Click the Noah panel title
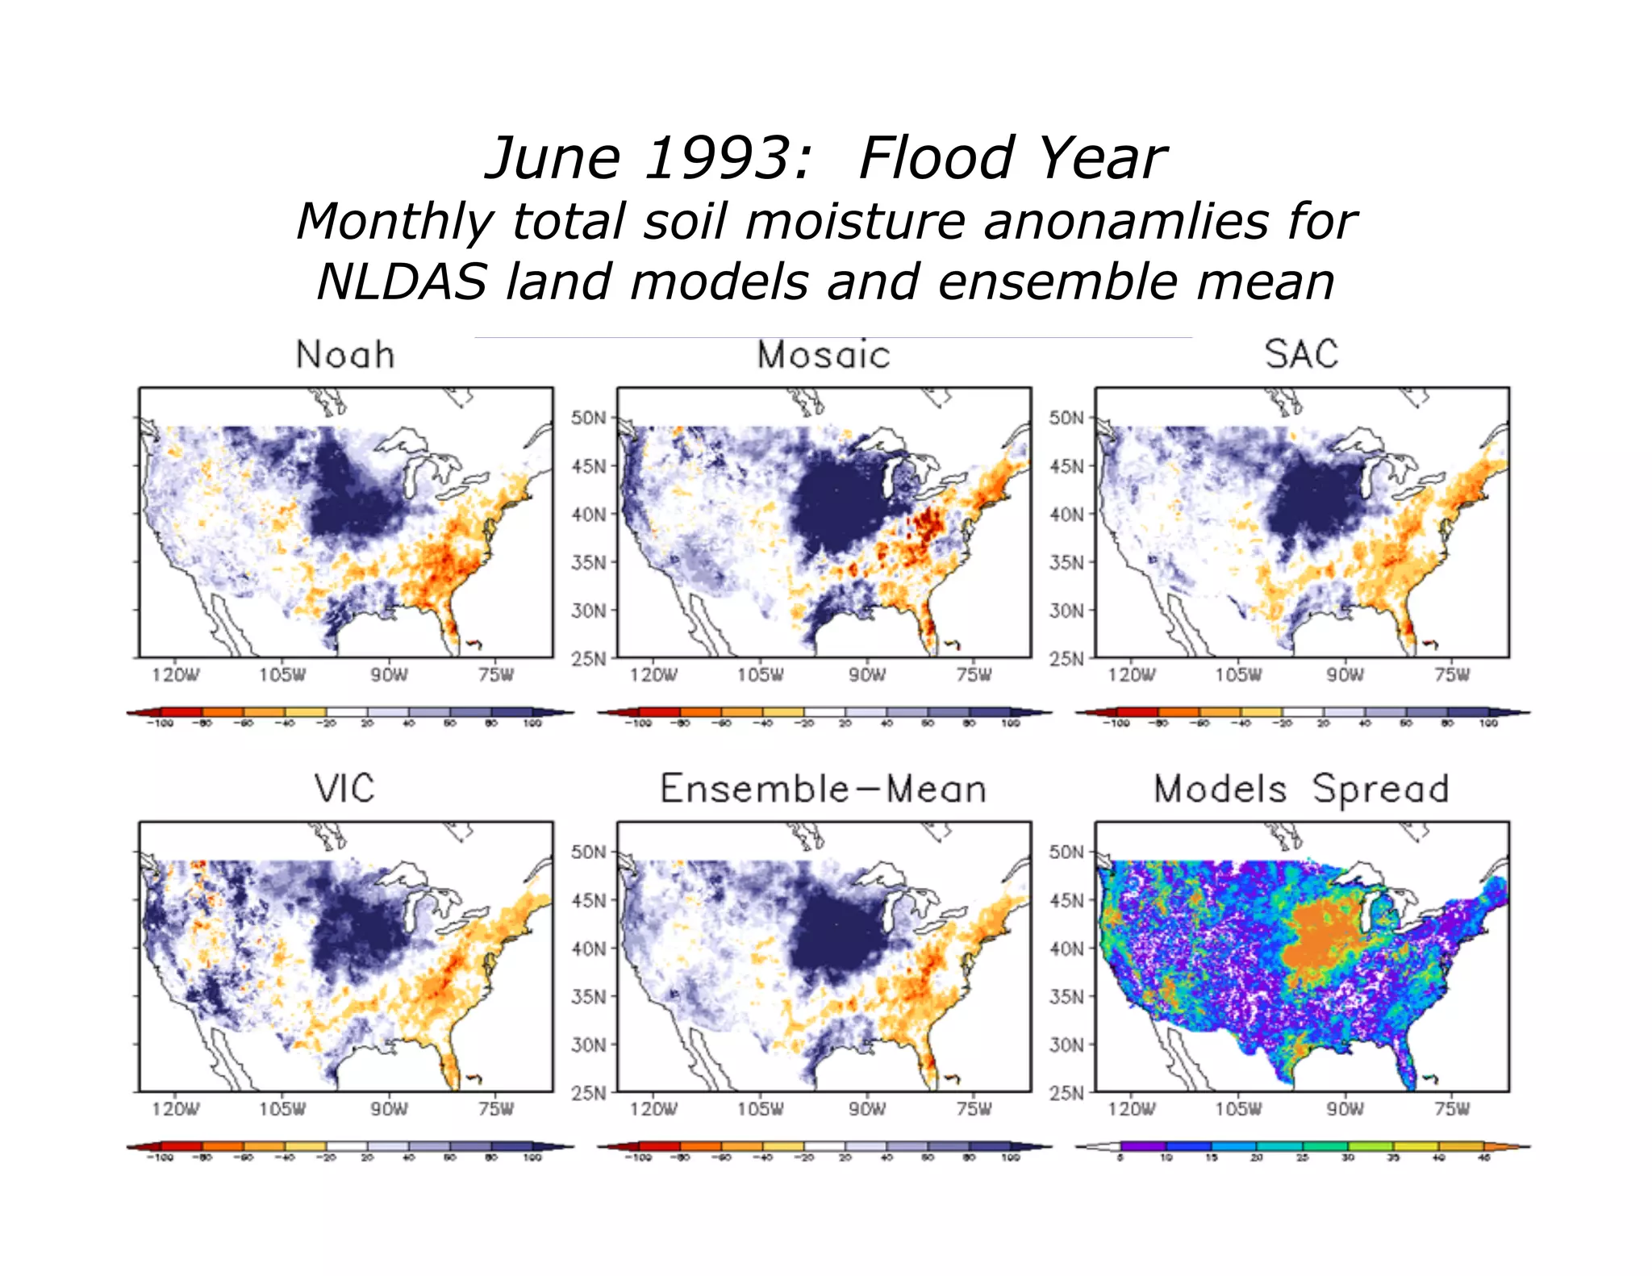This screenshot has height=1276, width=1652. tap(345, 355)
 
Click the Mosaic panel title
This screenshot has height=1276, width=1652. tap(824, 355)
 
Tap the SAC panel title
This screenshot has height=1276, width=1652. tap(1301, 354)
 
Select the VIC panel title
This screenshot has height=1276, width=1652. tap(344, 789)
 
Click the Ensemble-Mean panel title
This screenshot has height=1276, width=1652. tap(824, 789)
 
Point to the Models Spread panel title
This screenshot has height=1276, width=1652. tap(1301, 789)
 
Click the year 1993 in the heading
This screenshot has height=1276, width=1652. tap(726, 158)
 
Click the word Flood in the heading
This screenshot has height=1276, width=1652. tap(937, 158)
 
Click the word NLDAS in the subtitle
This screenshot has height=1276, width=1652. tap(402, 282)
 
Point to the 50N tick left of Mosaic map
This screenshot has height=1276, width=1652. tap(588, 418)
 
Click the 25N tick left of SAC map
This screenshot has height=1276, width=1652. tap(1066, 659)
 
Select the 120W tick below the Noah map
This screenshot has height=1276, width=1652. tap(175, 675)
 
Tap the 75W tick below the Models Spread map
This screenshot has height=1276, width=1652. tap(1451, 1109)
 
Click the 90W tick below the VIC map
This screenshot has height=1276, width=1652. tap(389, 1109)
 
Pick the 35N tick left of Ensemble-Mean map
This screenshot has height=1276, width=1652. tap(588, 996)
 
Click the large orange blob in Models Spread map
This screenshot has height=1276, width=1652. tap(1323, 936)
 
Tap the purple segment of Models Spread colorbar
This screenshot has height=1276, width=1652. tap(1143, 1146)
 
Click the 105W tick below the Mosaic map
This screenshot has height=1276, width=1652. tap(760, 675)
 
